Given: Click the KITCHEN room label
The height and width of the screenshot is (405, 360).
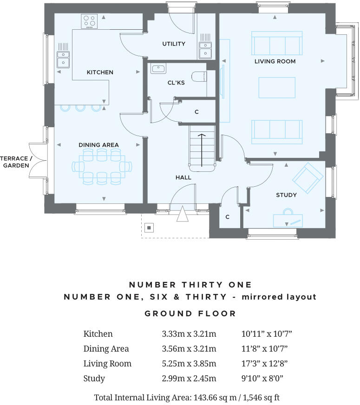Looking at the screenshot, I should (100, 72).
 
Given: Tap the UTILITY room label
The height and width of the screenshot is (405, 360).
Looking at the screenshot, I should (174, 44).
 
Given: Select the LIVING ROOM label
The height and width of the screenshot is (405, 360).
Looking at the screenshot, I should (275, 61).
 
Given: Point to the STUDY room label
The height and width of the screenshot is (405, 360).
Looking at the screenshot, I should (286, 195).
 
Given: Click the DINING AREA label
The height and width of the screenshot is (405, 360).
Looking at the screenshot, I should (98, 145).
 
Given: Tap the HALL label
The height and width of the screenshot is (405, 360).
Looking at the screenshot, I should (183, 177).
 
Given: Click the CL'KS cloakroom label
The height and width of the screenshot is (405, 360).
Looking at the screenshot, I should (176, 83).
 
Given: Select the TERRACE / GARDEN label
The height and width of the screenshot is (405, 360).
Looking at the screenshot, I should (16, 162).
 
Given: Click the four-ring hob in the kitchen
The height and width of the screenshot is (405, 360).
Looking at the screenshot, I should (89, 21).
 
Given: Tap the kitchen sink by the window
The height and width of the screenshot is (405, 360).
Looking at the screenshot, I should (63, 59).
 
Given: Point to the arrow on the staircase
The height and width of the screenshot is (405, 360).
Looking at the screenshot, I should (202, 149).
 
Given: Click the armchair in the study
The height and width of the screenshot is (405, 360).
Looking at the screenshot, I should (308, 178).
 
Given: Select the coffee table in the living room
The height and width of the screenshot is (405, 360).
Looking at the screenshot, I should (277, 88).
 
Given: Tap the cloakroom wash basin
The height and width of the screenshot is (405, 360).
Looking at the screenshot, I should (158, 69).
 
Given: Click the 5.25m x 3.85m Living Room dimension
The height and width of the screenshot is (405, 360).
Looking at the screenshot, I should (189, 364).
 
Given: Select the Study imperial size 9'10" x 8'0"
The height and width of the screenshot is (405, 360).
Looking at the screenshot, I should (262, 379).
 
